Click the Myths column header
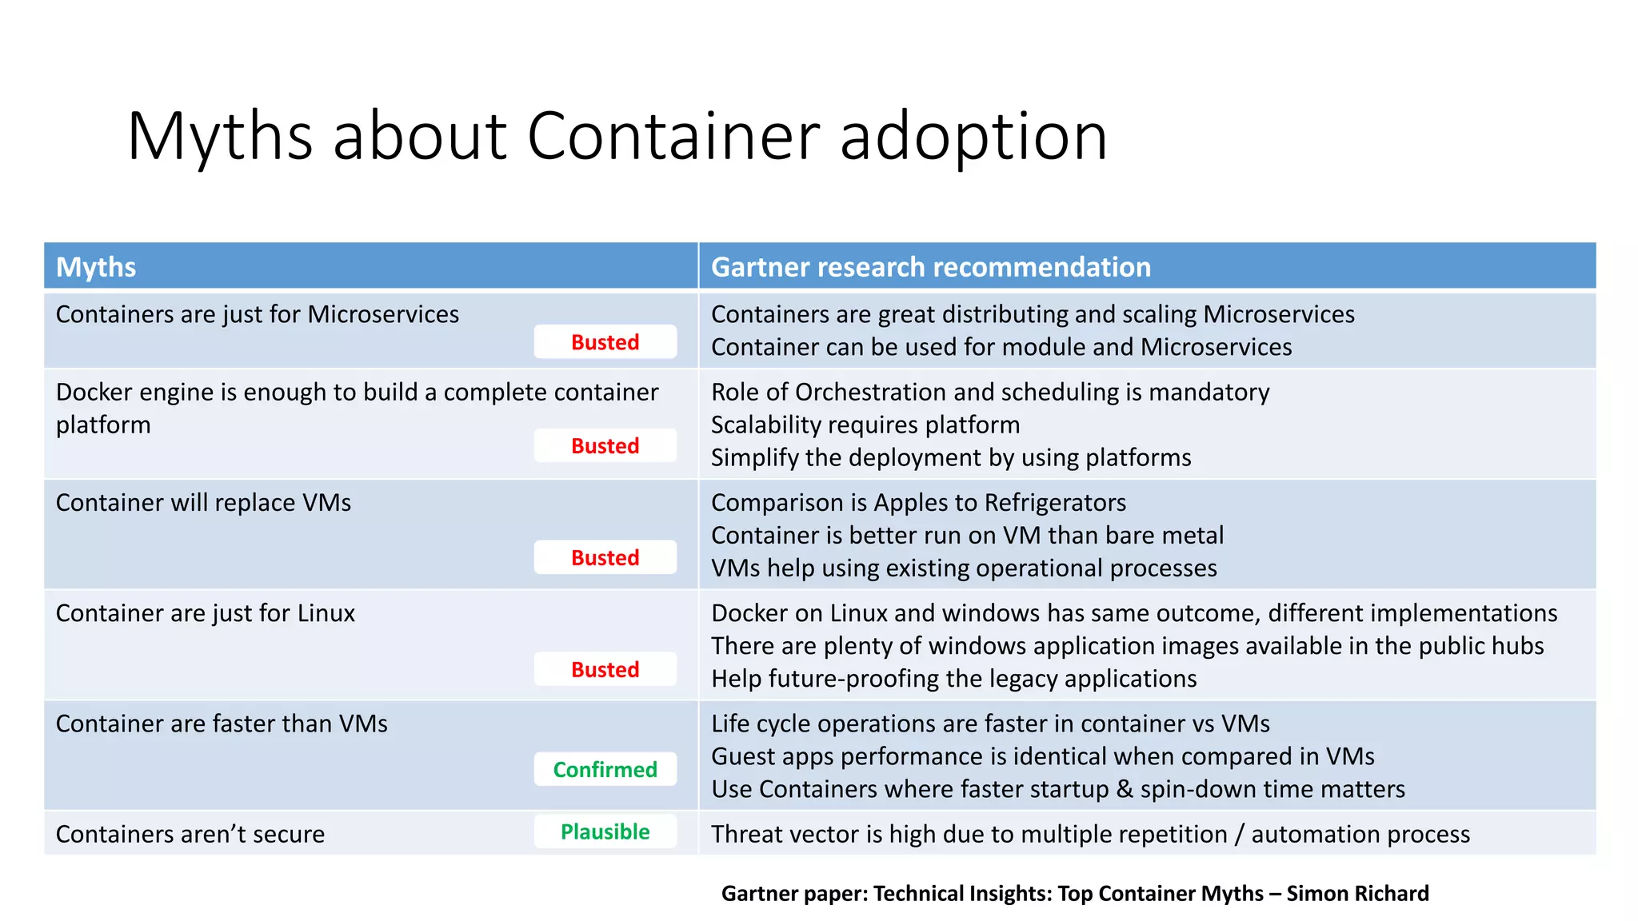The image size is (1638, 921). point(96,267)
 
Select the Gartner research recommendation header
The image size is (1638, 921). point(931,267)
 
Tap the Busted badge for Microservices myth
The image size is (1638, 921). point(605,342)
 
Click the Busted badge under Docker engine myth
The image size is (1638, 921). point(605,445)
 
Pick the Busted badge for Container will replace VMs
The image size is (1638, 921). point(605,557)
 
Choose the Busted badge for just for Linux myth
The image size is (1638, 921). point(605,669)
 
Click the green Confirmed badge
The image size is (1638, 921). point(605,769)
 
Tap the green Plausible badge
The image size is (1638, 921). point(605,831)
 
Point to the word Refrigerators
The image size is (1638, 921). point(1055,502)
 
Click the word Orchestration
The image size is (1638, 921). point(870,392)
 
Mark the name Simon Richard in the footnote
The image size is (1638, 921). point(1357,893)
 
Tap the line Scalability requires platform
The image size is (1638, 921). point(865,425)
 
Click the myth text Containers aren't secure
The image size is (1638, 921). point(190,834)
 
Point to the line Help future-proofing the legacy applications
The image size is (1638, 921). point(953,678)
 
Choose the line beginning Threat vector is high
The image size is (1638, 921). point(1090,834)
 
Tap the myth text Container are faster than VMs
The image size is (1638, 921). point(222,724)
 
